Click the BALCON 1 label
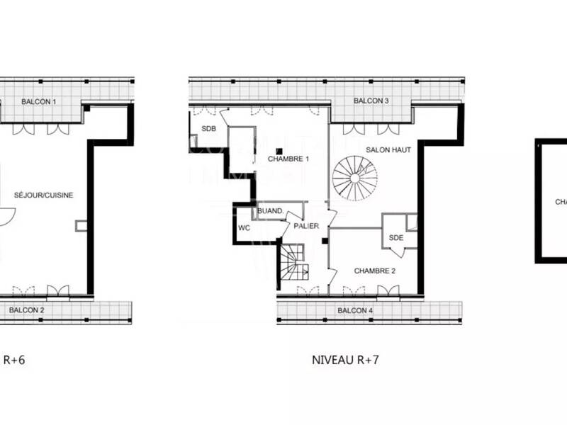[x=39, y=102]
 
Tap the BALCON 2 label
[x=27, y=310]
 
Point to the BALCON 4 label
[x=355, y=311]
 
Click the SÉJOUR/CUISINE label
[x=44, y=195]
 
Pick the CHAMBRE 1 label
[x=289, y=159]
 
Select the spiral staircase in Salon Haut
[x=356, y=178]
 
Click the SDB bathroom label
[x=208, y=129]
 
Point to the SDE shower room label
[x=395, y=238]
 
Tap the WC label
[x=244, y=228]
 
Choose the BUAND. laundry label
[x=270, y=211]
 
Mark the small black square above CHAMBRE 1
[x=281, y=150]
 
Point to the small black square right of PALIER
[x=324, y=242]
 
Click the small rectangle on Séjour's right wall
[x=81, y=225]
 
